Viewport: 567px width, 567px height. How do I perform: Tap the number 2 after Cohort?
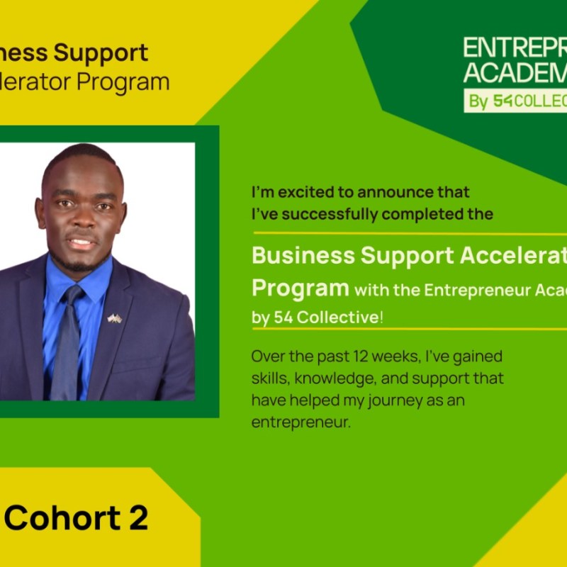tap(138, 518)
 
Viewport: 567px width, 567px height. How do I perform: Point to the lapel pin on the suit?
tap(114, 318)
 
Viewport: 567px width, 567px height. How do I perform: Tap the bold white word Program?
tap(300, 288)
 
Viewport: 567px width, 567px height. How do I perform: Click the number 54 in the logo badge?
tap(503, 101)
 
